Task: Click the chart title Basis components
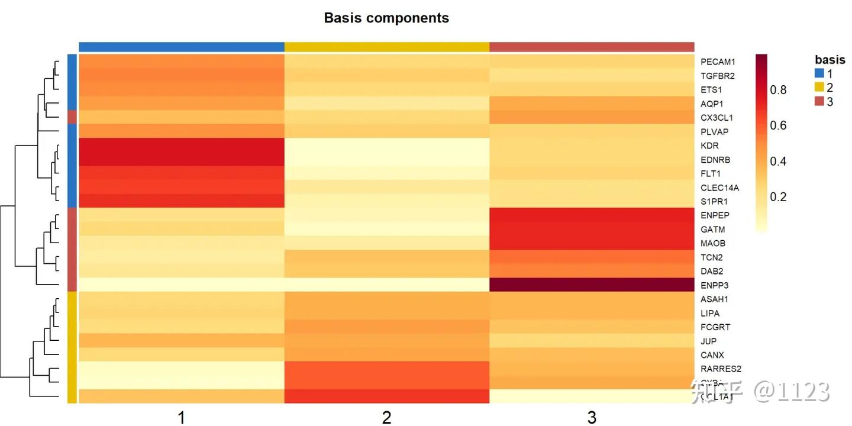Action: click(386, 18)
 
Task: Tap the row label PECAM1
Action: click(717, 62)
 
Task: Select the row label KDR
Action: click(709, 146)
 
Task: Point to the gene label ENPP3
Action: click(714, 285)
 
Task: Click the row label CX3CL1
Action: click(717, 118)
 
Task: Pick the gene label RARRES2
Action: click(720, 369)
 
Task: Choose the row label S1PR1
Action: click(714, 202)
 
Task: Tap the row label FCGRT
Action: click(715, 327)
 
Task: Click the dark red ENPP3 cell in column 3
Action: click(592, 285)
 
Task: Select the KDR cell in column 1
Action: click(182, 146)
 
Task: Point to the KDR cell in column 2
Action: click(387, 146)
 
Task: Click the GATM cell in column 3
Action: click(592, 229)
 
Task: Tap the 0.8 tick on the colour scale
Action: click(778, 90)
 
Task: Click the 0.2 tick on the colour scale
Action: click(778, 196)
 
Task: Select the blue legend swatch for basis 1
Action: click(819, 74)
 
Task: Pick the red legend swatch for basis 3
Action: click(819, 101)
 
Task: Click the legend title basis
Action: click(830, 60)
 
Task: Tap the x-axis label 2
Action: click(387, 418)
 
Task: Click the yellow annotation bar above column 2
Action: click(387, 47)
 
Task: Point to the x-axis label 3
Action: click(592, 418)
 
